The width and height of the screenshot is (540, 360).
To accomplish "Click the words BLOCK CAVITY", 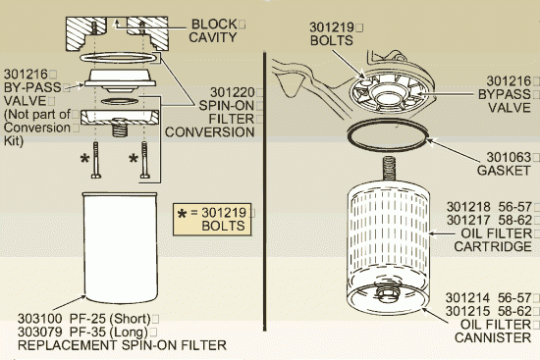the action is pos(213,30).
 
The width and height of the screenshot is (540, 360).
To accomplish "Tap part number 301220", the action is pos(232,92).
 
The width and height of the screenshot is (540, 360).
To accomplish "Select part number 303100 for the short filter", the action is pos(40,319).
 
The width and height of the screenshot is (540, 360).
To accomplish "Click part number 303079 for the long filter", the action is pos(40,333).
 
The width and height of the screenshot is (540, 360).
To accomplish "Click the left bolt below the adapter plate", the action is pos(96,160).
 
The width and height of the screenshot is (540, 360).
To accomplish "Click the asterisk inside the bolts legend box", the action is pos(182,214).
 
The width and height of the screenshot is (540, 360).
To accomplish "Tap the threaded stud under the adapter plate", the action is pos(120,128).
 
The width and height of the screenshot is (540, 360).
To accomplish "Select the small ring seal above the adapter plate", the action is pos(120,101).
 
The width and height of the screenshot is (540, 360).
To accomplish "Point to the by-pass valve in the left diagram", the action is pos(120,80).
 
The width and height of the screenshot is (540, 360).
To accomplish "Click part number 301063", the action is pos(509,157).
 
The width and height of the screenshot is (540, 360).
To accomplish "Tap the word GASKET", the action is pos(504,171).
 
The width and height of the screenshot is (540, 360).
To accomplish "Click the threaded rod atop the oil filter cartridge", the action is pos(389,168).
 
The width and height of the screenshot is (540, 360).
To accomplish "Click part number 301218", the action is pos(468,207).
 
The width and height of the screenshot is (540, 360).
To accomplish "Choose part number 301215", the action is pos(467,311).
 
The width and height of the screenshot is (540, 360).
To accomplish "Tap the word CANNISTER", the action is pos(493,338).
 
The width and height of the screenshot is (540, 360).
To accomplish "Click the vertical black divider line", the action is pos(265,191).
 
